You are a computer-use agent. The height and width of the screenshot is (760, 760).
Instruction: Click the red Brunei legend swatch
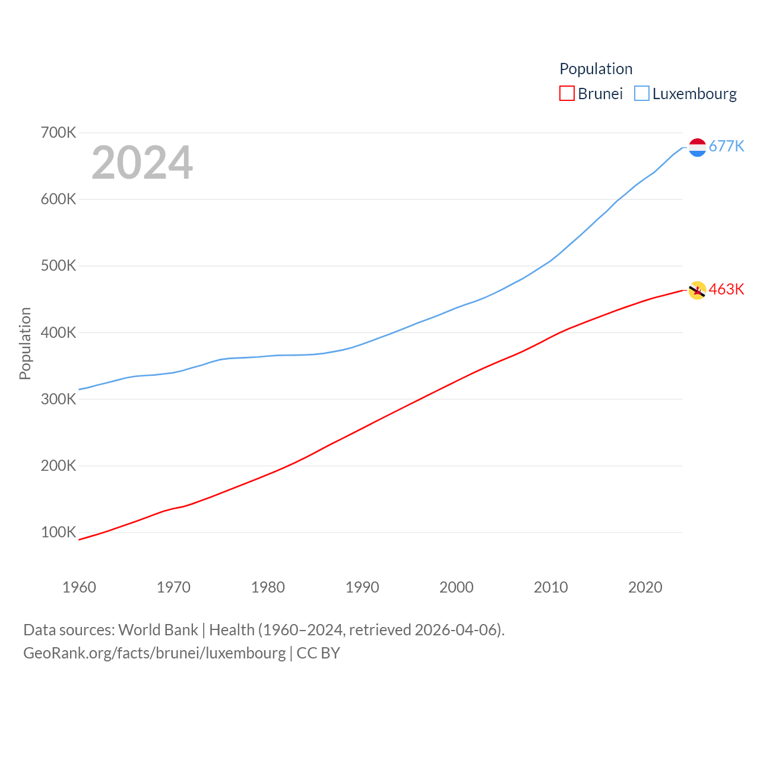[x=567, y=94]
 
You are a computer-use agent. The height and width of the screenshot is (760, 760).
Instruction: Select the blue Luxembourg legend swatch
[x=642, y=94]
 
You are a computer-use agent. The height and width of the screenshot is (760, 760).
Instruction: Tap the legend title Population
[x=596, y=69]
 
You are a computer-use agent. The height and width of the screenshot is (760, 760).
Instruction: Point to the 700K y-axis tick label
[x=58, y=132]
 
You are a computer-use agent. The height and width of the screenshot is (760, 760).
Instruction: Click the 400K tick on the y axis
[x=58, y=332]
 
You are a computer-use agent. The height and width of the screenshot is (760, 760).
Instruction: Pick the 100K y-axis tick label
[x=58, y=532]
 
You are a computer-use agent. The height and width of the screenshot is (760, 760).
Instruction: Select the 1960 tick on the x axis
[x=79, y=587]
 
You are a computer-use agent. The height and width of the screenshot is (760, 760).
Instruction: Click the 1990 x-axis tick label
[x=362, y=587]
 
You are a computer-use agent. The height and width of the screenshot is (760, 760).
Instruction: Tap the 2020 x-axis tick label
[x=645, y=587]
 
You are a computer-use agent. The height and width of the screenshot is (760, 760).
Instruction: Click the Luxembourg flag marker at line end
[x=698, y=147]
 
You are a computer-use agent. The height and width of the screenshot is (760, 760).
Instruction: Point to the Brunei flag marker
[x=697, y=290]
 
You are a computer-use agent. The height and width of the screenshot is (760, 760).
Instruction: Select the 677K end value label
[x=726, y=146]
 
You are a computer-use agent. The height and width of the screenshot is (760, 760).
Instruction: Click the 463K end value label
[x=726, y=289]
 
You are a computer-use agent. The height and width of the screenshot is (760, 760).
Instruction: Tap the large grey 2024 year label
[x=142, y=162]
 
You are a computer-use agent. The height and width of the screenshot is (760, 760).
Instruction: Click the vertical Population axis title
[x=25, y=343]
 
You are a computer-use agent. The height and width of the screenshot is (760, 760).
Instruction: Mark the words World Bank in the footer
[x=158, y=629]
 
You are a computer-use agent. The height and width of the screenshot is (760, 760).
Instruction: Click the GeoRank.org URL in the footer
[x=154, y=653]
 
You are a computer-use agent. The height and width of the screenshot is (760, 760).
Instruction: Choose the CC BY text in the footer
[x=318, y=653]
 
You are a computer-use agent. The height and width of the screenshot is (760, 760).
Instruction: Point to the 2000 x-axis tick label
[x=457, y=587]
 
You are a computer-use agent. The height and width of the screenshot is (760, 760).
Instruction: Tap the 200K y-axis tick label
[x=58, y=465]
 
